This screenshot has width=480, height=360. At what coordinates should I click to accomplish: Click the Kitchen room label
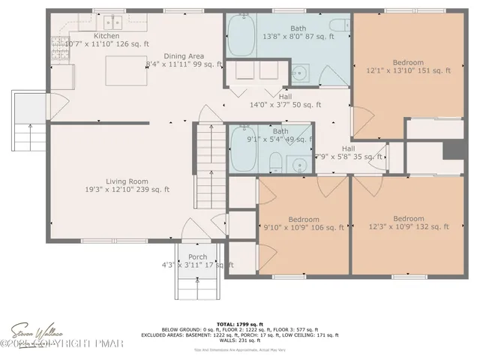[x=106, y=36]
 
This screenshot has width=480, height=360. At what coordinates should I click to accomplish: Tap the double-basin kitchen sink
[x=113, y=20]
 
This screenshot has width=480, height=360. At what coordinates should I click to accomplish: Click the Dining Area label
[x=184, y=55]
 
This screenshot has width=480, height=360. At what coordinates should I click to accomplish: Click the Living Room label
[x=126, y=181]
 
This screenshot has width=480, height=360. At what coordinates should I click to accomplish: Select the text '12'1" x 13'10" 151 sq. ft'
[x=408, y=71]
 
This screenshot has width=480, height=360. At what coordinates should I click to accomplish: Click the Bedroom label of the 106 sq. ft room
[x=303, y=218]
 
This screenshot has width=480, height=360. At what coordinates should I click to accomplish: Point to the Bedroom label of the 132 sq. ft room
[x=409, y=218]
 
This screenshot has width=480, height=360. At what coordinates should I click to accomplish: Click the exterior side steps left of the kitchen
[x=28, y=124]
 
